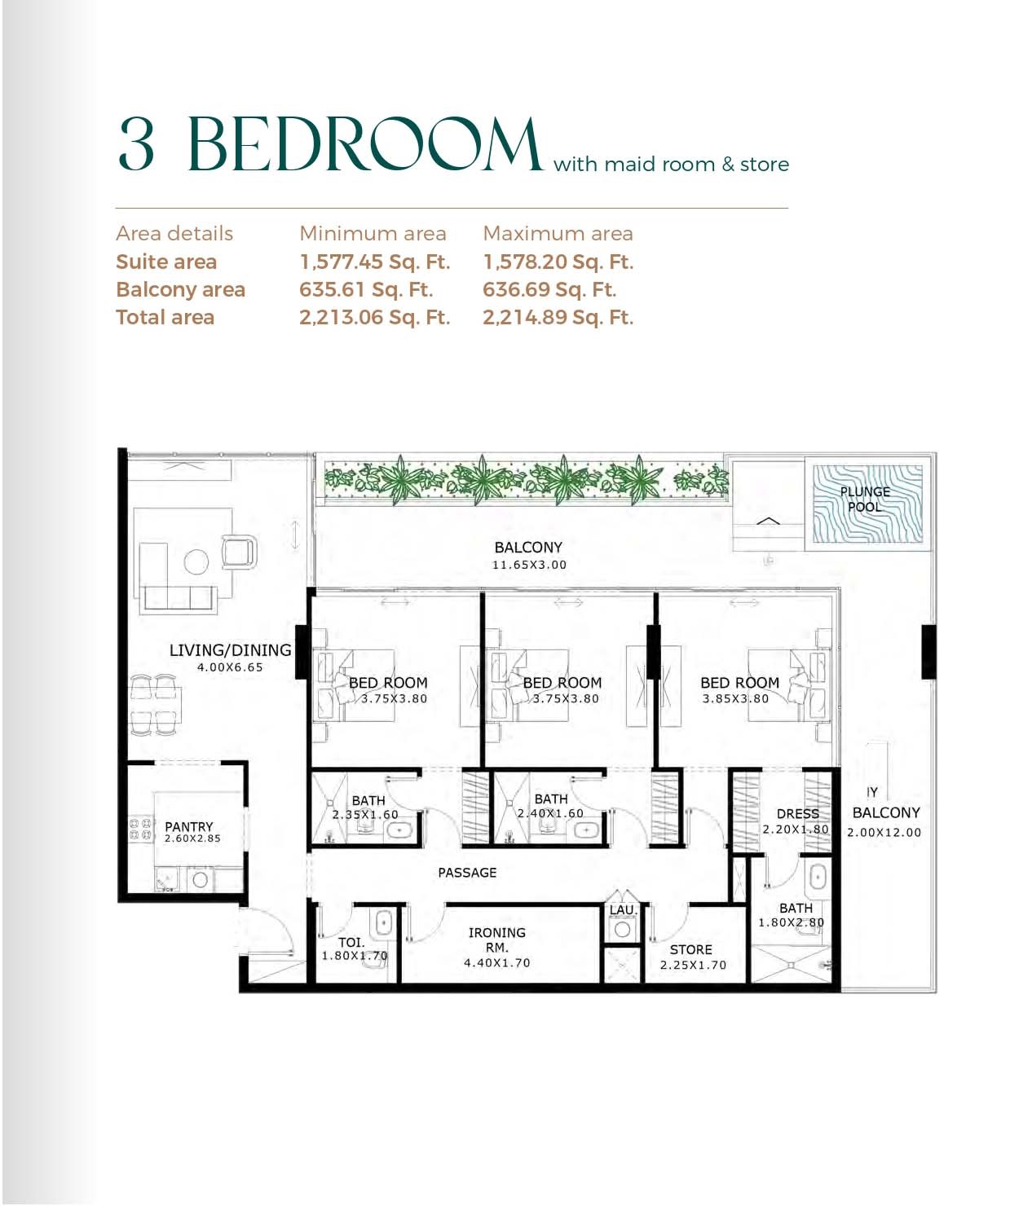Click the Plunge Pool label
click(865, 499)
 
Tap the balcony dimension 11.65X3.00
click(529, 565)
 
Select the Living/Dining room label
click(230, 650)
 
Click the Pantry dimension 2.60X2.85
click(192, 838)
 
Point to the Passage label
click(467, 873)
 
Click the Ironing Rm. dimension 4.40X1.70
click(496, 963)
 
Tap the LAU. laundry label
click(623, 910)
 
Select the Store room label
click(690, 950)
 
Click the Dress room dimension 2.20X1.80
click(795, 830)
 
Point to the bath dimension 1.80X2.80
click(791, 923)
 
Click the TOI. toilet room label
click(351, 943)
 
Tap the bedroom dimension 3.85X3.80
click(735, 698)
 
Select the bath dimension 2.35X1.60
click(365, 815)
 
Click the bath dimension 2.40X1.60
click(550, 814)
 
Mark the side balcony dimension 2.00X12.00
click(884, 833)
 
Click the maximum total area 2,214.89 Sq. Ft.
click(558, 317)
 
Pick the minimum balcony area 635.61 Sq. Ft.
click(366, 289)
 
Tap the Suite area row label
click(166, 262)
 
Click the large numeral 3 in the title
click(136, 145)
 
